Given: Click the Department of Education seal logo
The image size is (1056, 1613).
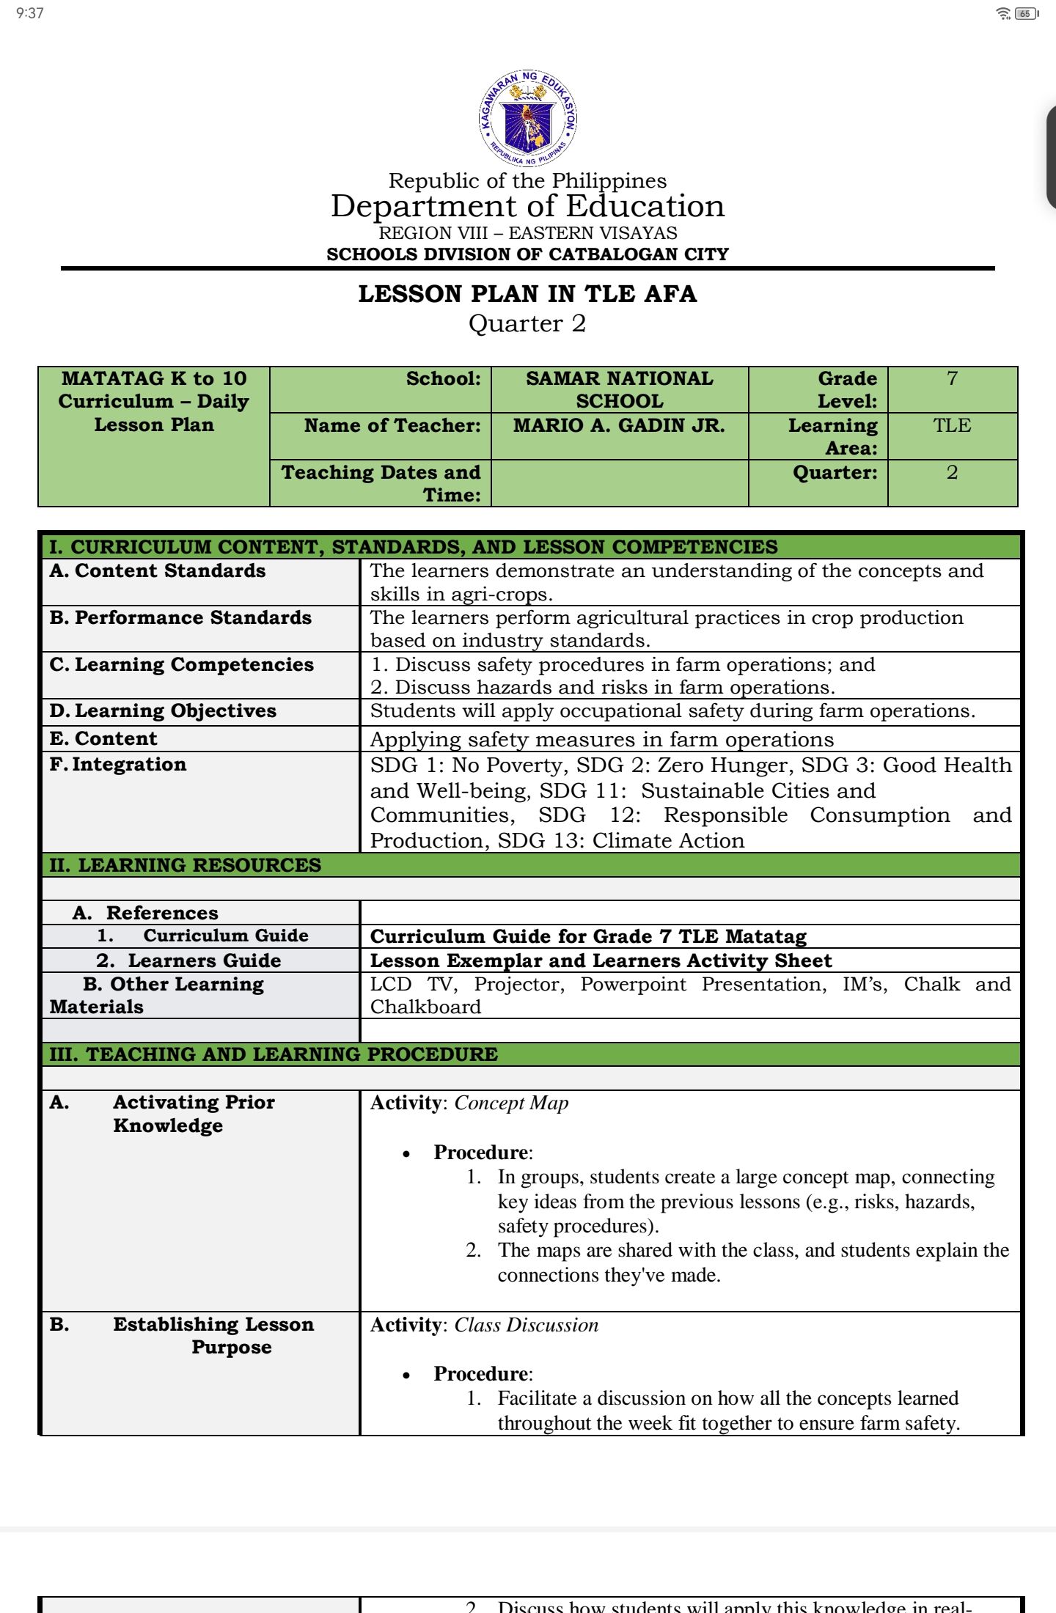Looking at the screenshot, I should [x=528, y=119].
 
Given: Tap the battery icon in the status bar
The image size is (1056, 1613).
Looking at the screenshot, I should [x=1026, y=13].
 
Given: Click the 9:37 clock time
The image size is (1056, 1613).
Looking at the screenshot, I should [x=30, y=13].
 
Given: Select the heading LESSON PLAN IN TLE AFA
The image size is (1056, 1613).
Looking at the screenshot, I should [x=527, y=294].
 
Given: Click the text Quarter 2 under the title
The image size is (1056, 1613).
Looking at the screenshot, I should [x=527, y=323].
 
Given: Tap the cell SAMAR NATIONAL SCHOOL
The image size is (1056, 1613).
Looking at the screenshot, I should [x=619, y=389].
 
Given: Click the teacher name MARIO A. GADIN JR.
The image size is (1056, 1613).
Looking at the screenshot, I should [x=619, y=425].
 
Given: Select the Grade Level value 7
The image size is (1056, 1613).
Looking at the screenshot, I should [x=952, y=378].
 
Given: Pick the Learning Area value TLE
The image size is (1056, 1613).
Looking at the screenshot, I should [x=952, y=425].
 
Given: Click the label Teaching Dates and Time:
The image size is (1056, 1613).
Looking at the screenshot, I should [x=381, y=483].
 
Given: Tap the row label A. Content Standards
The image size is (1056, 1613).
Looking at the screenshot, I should [x=158, y=570].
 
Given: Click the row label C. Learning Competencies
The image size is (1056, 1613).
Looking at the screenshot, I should [x=182, y=664].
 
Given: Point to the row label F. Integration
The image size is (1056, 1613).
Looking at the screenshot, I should [x=118, y=764].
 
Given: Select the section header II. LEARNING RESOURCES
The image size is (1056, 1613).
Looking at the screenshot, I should [x=186, y=865].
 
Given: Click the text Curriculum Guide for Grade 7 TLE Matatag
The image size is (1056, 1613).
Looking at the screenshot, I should [x=588, y=936].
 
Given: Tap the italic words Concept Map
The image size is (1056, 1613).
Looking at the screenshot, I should [x=511, y=1103].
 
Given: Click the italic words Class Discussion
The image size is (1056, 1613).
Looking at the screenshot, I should [x=526, y=1325].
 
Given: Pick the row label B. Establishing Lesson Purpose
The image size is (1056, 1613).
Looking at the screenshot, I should [x=213, y=1335].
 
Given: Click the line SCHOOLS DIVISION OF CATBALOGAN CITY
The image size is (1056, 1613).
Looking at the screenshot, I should [x=527, y=254].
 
